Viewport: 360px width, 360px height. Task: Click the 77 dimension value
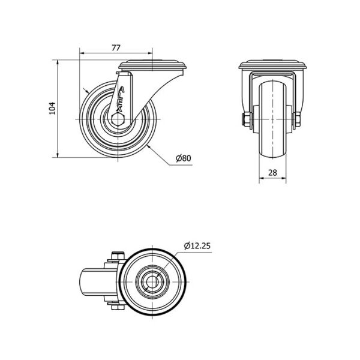point(116,48)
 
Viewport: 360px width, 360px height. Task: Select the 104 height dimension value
point(53,108)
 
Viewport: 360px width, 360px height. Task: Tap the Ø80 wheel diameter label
point(183,158)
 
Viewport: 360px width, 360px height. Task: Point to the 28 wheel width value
point(272,172)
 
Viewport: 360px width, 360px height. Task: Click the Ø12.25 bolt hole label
point(197,246)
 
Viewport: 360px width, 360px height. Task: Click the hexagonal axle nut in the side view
point(118,119)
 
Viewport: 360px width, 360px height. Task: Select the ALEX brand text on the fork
point(121,99)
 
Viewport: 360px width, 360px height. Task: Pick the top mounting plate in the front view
point(272,65)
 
